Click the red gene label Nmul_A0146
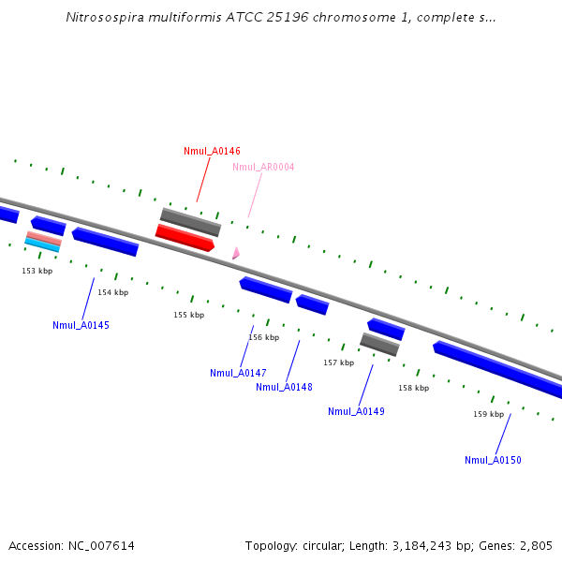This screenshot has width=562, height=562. coord(212,151)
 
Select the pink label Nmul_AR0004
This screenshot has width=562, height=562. coord(263,168)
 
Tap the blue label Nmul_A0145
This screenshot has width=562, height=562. coord(81,326)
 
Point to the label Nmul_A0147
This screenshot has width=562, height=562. coord(238,373)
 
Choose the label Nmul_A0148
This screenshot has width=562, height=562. coord(284,388)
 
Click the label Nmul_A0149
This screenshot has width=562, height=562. coord(356,412)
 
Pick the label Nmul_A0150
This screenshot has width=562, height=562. coord(493,460)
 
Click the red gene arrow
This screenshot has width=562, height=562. coord(185,238)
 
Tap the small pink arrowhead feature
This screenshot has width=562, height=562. coord(236,253)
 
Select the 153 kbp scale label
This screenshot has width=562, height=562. coord(37,272)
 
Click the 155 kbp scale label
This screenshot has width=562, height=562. coord(188,316)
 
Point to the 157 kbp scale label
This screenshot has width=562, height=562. coord(338,362)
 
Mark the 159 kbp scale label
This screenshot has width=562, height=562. coord(488,414)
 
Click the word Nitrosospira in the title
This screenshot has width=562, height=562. coord(104,17)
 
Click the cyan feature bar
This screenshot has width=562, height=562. coord(42,244)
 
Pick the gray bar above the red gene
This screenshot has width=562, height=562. coord(190,222)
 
